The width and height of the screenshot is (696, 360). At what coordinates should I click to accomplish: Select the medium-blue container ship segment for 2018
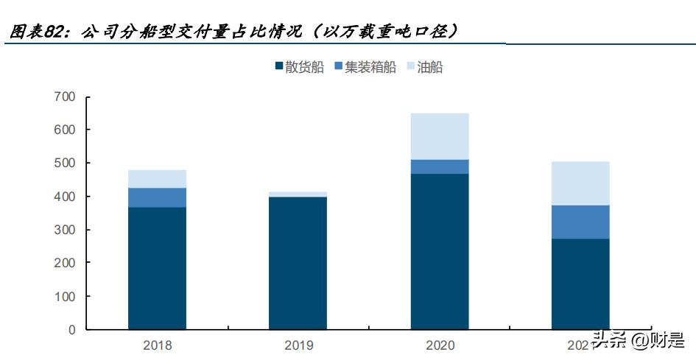click(x=157, y=197)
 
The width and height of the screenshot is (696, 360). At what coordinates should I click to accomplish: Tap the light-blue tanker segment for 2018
click(x=157, y=179)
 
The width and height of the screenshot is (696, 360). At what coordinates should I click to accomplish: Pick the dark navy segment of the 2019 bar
click(x=298, y=263)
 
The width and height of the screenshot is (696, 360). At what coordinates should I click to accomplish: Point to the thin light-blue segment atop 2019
click(x=298, y=194)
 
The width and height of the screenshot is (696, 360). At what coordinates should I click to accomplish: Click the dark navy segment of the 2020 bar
click(x=440, y=251)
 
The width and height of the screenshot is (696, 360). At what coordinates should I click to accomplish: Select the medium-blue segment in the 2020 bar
click(x=440, y=166)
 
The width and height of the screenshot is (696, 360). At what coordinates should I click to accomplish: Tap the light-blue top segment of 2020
click(x=440, y=136)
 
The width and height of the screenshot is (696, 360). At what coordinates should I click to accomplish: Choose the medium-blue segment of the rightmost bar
click(x=580, y=222)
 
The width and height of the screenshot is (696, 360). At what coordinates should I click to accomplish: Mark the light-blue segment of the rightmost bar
click(x=580, y=183)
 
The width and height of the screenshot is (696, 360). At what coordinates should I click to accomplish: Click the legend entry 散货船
click(x=299, y=68)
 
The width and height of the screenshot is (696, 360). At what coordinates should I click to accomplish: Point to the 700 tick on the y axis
click(x=65, y=96)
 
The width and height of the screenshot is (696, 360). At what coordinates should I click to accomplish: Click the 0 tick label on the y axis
click(x=71, y=330)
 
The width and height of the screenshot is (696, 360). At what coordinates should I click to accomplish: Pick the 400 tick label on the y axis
click(x=65, y=197)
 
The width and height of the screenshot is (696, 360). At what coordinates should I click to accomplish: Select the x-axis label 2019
click(x=298, y=345)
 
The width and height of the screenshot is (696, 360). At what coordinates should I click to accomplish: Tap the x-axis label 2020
click(x=440, y=345)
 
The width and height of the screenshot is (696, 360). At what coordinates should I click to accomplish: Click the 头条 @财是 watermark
click(x=637, y=340)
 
